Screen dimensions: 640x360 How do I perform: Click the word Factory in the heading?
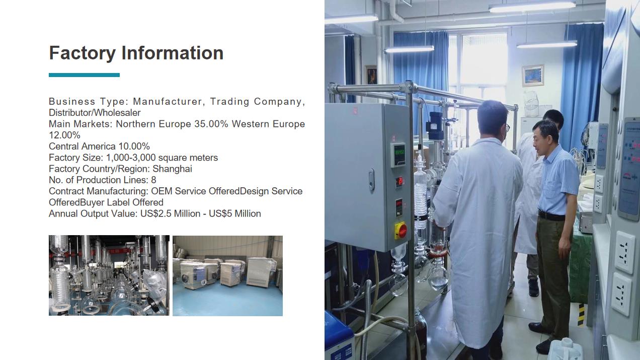tap(83, 53)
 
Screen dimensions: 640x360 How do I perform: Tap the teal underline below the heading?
tap(84, 75)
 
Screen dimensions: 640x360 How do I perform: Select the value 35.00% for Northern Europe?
tap(211, 124)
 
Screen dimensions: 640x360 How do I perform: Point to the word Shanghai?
tap(172, 169)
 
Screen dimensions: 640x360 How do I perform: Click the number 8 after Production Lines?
tap(153, 180)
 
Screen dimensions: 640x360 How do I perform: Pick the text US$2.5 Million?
tap(170, 213)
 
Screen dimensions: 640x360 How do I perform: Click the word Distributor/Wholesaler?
tap(95, 113)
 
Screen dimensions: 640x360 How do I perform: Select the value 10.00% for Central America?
tap(134, 147)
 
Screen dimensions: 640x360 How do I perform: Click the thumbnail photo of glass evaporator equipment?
tap(109, 275)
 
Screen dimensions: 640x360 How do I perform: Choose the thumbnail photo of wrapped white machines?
tap(227, 275)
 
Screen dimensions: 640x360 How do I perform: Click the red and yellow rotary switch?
tap(401, 230)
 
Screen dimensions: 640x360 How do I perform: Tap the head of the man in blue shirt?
tap(545, 135)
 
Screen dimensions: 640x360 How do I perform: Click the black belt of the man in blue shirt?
tap(551, 216)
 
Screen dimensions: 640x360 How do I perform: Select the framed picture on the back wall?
tap(532, 76)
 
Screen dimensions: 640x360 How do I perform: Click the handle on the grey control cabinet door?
tap(371, 180)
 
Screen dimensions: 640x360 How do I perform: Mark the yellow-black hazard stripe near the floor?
tap(581, 315)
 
